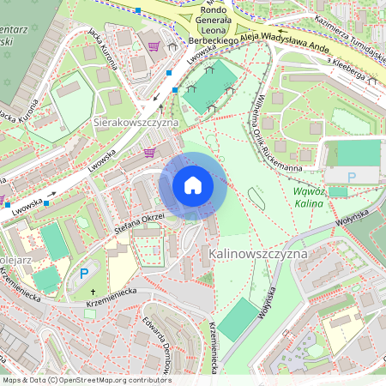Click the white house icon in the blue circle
click(x=193, y=184)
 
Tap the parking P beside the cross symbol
click(x=84, y=274)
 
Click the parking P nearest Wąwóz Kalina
click(x=352, y=177)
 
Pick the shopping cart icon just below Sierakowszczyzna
click(x=149, y=153)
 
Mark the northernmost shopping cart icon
click(x=154, y=45)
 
